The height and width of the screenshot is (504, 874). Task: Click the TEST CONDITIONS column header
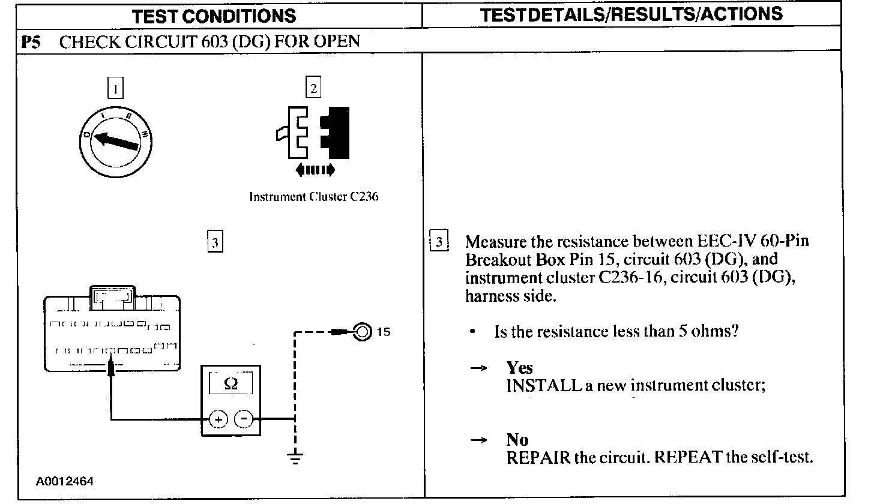click(214, 16)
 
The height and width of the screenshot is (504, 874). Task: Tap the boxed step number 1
click(115, 89)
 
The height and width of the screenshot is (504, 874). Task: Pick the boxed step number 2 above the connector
click(313, 88)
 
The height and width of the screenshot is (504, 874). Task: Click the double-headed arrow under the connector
click(315, 171)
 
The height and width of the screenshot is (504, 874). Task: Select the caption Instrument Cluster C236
click(313, 197)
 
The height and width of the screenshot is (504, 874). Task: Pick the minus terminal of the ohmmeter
click(243, 419)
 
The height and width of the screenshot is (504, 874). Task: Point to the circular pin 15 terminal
click(362, 331)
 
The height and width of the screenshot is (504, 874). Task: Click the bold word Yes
click(519, 367)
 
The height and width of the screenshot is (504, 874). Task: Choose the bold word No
click(517, 440)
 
